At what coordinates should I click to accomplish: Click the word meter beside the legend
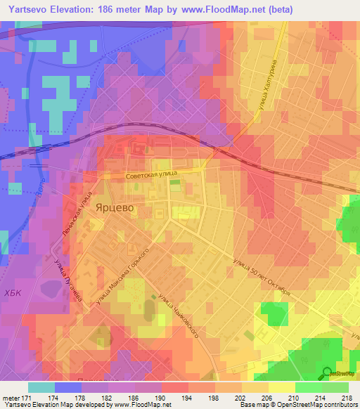coord(11,397)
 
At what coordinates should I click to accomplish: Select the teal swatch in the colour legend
coord(41,387)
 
